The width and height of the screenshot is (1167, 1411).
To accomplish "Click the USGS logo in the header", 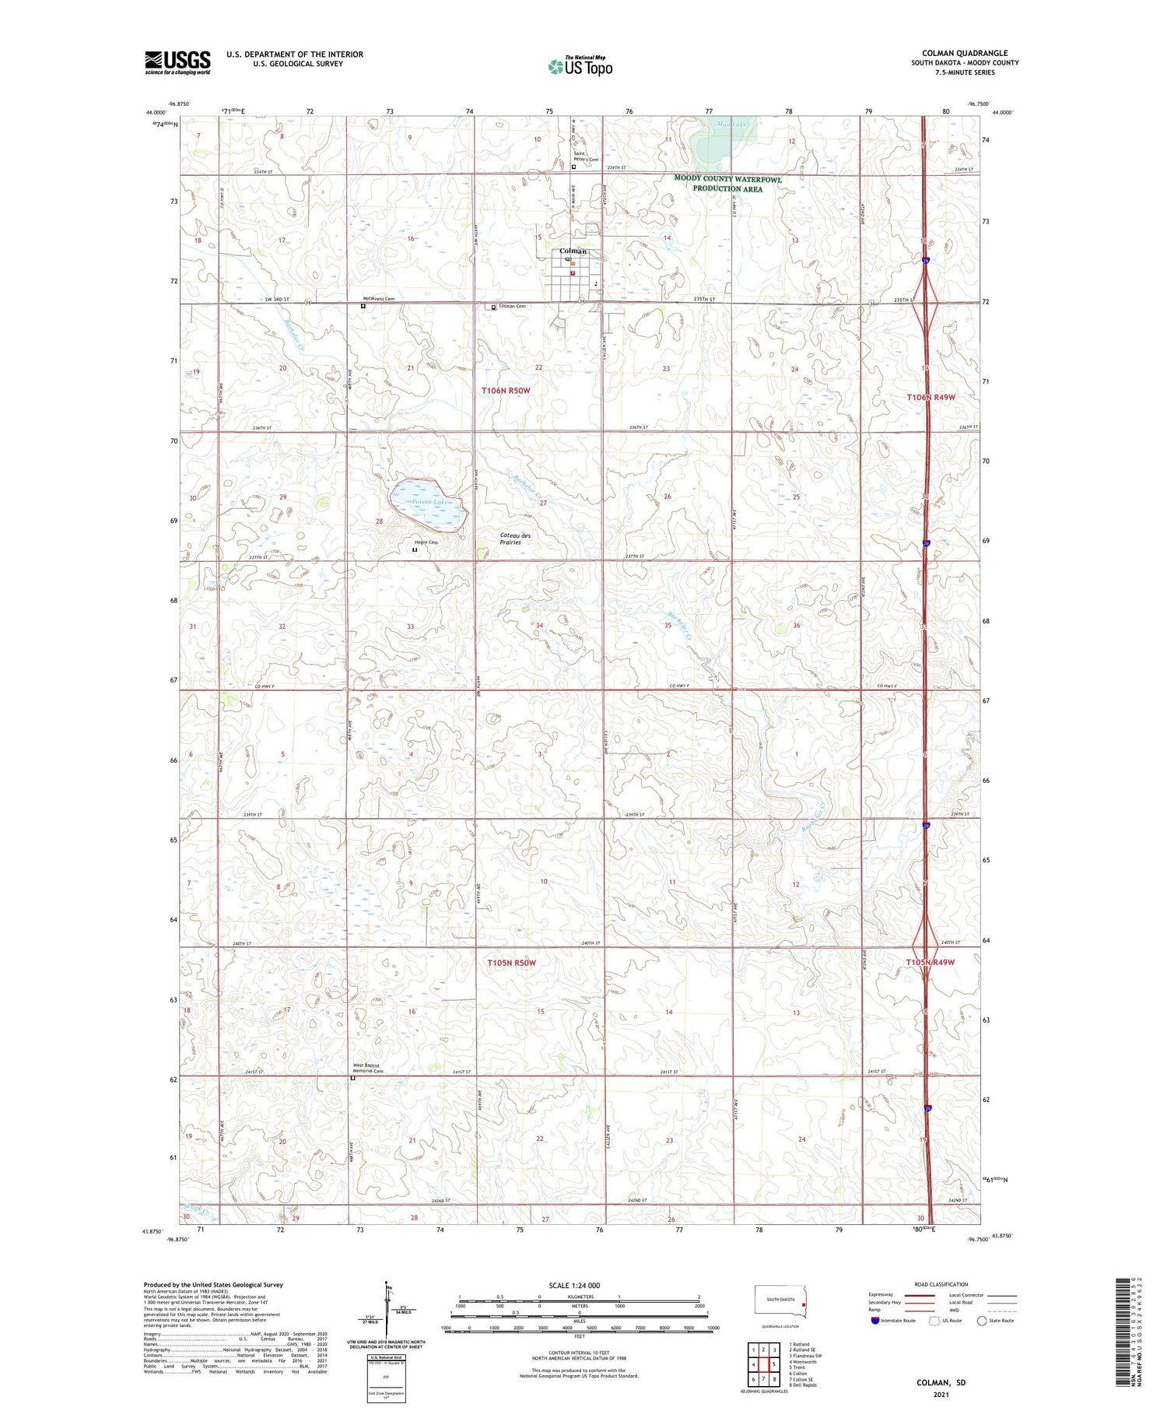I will point(177,62).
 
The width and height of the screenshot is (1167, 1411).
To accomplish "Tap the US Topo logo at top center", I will point(580,67).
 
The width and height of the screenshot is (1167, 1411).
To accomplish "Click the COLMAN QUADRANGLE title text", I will point(964,53).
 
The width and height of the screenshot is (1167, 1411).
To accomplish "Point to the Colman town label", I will point(573,251).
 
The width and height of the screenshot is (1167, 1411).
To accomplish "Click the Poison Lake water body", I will point(426,501).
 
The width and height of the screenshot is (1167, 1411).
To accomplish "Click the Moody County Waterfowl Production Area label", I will point(727,184).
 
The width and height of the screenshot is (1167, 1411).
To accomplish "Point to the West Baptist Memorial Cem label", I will point(370,1068).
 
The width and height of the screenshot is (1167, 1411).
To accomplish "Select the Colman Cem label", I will point(512,307).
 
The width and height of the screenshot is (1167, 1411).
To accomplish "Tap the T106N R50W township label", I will point(506,390).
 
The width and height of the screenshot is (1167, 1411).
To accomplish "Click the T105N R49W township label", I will point(930,963).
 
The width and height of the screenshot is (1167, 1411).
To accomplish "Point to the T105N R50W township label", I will point(511,963).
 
